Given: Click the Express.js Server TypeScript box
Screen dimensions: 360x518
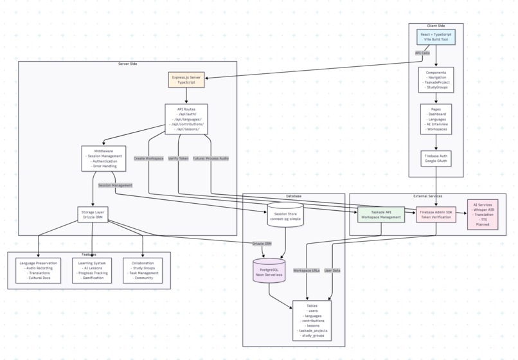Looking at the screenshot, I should click(x=186, y=80).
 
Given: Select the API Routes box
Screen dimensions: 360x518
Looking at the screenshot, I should click(x=186, y=120).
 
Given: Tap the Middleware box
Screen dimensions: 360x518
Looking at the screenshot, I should click(x=103, y=159).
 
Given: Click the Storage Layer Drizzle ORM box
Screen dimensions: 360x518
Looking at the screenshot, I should click(x=94, y=213).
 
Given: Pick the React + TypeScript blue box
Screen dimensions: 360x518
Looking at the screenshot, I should click(x=436, y=36).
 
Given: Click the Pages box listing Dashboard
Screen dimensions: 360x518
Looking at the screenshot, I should click(x=436, y=120).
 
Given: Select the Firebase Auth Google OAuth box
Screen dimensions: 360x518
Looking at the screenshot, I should click(x=436, y=159).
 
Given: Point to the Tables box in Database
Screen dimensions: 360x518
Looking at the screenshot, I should click(x=312, y=319).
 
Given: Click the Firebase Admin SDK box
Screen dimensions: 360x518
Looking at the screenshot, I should click(x=436, y=214).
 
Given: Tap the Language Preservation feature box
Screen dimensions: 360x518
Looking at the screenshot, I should click(x=38, y=271).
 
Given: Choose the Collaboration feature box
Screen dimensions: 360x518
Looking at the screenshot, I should click(x=142, y=271).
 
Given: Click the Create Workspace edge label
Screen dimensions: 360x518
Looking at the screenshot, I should click(x=148, y=158).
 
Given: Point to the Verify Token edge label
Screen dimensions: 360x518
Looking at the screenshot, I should click(x=178, y=158).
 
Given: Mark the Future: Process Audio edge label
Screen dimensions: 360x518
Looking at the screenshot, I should click(x=210, y=158).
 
